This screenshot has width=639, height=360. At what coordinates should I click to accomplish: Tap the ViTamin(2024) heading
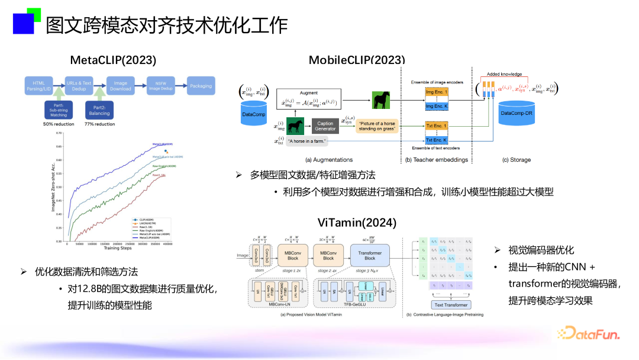coord(357,223)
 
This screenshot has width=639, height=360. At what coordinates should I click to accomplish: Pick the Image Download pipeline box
coord(121,86)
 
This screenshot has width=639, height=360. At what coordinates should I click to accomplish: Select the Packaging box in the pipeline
coord(201,86)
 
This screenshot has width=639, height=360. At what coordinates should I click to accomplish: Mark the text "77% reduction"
coord(99,124)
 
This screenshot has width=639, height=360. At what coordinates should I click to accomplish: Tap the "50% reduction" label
coord(59,124)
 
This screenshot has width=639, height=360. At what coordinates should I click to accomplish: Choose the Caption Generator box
coord(325,125)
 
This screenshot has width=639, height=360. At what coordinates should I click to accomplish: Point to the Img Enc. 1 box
coord(437,93)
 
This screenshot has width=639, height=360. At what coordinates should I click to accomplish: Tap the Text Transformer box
coord(451,305)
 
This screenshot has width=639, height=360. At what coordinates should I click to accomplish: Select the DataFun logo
coord(589,333)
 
